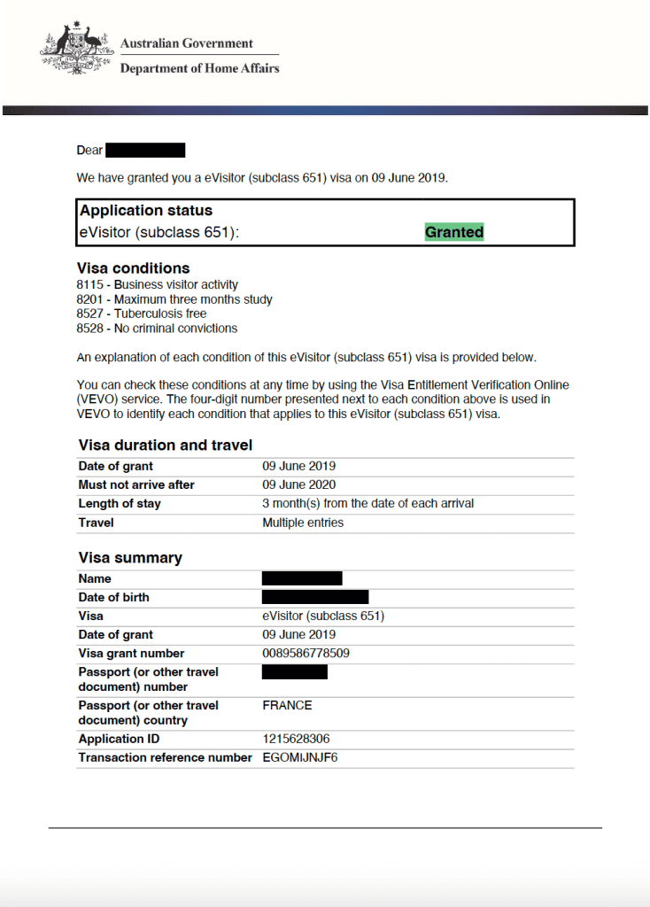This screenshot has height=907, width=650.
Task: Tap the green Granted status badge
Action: (x=454, y=232)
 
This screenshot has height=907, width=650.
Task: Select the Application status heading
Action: (x=146, y=211)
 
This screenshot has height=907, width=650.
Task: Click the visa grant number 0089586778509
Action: (x=306, y=654)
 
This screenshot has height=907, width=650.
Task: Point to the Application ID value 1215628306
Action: (x=297, y=739)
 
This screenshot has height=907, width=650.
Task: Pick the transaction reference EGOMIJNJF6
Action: (x=300, y=757)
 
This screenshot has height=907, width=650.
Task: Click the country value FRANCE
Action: (x=287, y=706)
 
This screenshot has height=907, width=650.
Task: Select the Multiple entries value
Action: (x=303, y=523)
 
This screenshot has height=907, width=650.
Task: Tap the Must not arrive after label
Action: (x=136, y=485)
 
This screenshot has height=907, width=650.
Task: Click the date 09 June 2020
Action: (x=299, y=485)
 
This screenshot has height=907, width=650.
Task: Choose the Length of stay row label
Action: (x=120, y=503)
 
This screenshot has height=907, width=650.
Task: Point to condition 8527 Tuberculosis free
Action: (x=142, y=314)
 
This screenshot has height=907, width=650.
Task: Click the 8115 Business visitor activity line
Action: (x=158, y=285)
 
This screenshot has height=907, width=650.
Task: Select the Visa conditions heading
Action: (x=134, y=268)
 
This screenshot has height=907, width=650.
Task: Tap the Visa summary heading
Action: (x=130, y=558)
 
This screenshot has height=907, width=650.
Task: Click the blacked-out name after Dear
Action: (x=145, y=151)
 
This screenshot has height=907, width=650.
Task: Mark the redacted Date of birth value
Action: (x=315, y=597)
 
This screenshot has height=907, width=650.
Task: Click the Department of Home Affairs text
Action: (x=199, y=68)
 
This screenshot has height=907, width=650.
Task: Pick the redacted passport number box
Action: (x=295, y=672)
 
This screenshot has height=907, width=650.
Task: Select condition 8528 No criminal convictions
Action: (x=158, y=328)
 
